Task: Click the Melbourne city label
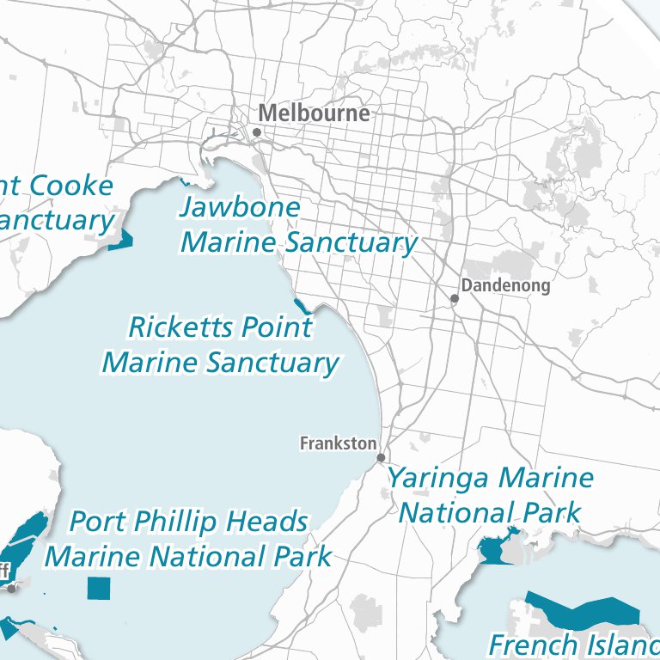click(314, 113)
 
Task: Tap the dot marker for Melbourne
click(256, 132)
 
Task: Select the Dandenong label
click(505, 286)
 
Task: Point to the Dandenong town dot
click(455, 299)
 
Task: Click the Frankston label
click(338, 443)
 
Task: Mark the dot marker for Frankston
click(381, 458)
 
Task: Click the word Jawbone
click(240, 207)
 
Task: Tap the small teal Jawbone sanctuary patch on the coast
click(184, 181)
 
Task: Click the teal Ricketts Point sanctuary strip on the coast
click(301, 305)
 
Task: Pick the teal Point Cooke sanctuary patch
click(120, 241)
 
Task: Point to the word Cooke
click(71, 186)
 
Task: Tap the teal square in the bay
click(99, 588)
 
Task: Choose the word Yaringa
click(440, 479)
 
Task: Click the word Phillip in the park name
click(178, 521)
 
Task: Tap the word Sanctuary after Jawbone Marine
click(350, 242)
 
